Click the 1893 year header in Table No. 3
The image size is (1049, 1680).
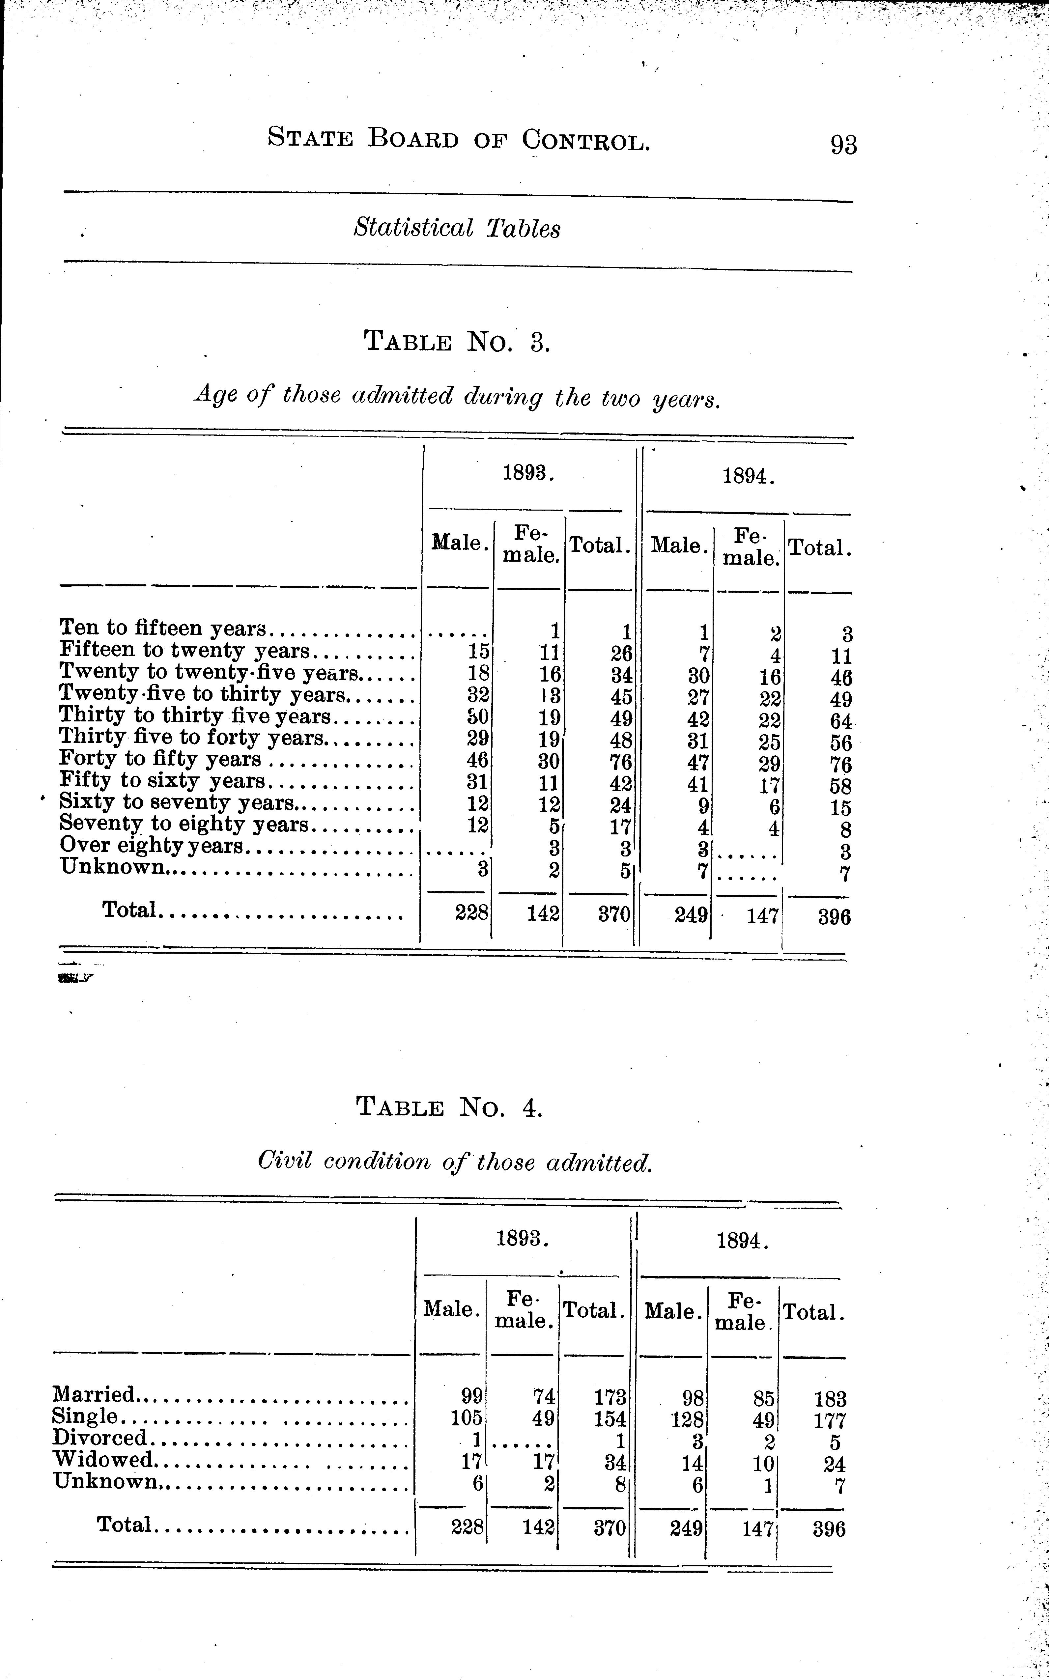(x=528, y=474)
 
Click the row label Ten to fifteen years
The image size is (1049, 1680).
(x=163, y=628)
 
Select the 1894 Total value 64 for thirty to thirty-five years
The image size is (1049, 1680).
(x=840, y=721)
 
